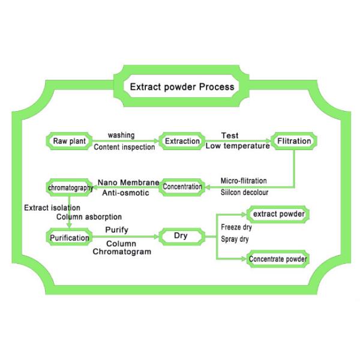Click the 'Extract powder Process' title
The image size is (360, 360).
pos(182,87)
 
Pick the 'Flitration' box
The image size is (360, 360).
pos(294,142)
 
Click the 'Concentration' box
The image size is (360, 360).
pos(182,187)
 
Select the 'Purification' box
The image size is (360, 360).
pos(70,238)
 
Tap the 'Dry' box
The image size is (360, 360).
pos(181,236)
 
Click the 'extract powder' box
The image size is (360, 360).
pos(278,214)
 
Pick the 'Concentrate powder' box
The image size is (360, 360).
pos(278,259)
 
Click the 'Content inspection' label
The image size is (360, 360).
pos(124,147)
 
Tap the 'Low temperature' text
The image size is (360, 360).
pos(238,146)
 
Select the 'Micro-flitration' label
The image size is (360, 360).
pos(244,181)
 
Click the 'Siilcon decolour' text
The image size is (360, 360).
pos(244,193)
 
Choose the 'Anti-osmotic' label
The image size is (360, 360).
pos(130,193)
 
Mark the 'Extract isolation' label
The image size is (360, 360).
pos(52,208)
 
